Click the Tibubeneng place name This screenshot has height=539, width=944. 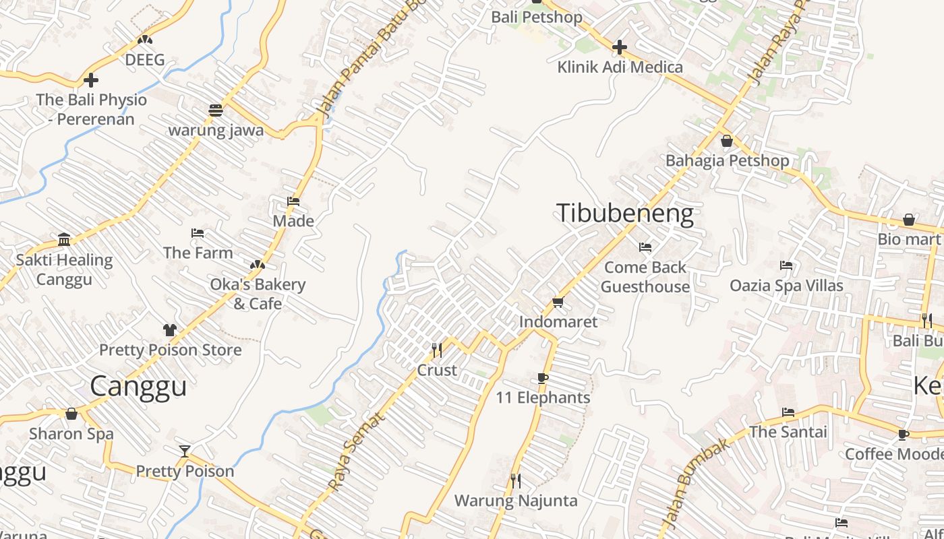click(624, 213)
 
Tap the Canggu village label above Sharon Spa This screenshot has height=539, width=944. click(138, 386)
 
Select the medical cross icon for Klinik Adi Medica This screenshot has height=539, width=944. click(620, 47)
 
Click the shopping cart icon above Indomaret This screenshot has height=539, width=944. click(558, 302)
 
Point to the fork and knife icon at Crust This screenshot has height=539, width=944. click(437, 350)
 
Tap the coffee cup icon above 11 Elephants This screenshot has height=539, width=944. click(543, 378)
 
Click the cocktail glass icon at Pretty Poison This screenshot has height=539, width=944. click(185, 451)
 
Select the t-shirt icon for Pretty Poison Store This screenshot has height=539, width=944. click(169, 330)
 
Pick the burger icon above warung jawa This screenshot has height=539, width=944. click(216, 110)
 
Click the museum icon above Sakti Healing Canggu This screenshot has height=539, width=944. click(64, 239)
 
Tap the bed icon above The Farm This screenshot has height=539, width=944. click(198, 233)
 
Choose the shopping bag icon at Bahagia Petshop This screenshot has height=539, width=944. click(727, 141)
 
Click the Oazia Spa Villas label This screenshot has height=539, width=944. click(786, 286)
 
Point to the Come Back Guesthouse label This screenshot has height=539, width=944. click(645, 277)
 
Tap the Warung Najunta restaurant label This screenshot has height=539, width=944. click(516, 501)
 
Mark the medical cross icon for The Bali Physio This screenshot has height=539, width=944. click(91, 81)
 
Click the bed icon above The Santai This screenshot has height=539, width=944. click(788, 412)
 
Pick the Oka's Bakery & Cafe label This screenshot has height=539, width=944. click(258, 294)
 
